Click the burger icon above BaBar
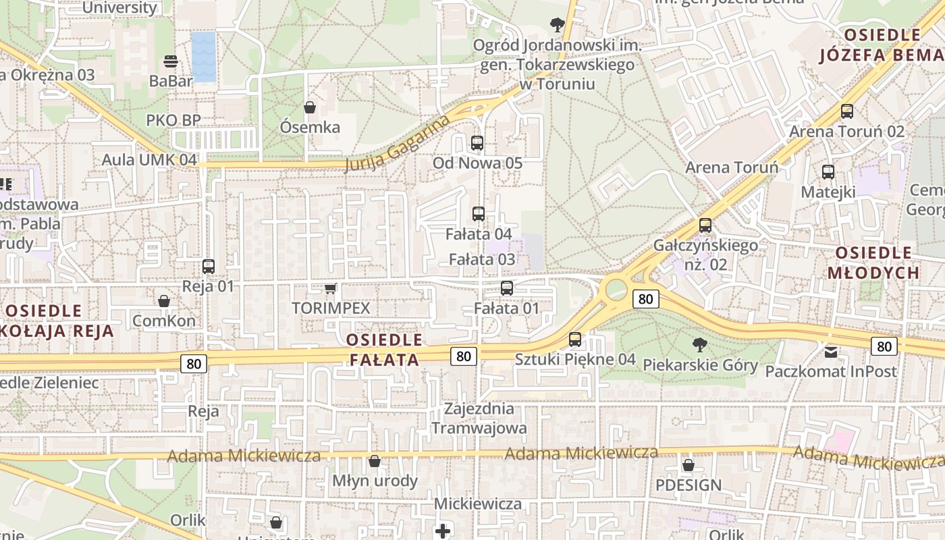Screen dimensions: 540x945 (x=171, y=61)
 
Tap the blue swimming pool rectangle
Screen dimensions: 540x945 (x=203, y=57)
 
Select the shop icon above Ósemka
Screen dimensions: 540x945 (x=310, y=107)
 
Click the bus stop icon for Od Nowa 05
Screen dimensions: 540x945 (x=477, y=143)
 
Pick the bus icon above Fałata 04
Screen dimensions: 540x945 (x=479, y=214)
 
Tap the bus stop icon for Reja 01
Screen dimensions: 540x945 (x=209, y=267)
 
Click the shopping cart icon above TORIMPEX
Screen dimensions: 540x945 (x=330, y=289)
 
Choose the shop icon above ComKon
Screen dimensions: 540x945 (x=164, y=301)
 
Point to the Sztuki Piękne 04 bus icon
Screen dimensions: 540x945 (x=575, y=340)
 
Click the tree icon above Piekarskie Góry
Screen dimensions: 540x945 (x=700, y=345)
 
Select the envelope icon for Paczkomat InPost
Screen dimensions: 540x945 (x=831, y=352)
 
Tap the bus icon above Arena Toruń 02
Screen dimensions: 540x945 (x=847, y=111)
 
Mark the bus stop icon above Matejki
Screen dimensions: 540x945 (x=828, y=172)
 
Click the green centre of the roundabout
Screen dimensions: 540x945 (x=616, y=290)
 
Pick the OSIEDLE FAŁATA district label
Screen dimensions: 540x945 (x=385, y=349)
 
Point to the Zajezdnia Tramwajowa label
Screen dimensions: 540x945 (x=479, y=418)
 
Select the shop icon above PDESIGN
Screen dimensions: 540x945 (x=688, y=465)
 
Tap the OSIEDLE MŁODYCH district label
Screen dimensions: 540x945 (x=878, y=263)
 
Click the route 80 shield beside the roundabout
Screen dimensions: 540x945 (x=646, y=298)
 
